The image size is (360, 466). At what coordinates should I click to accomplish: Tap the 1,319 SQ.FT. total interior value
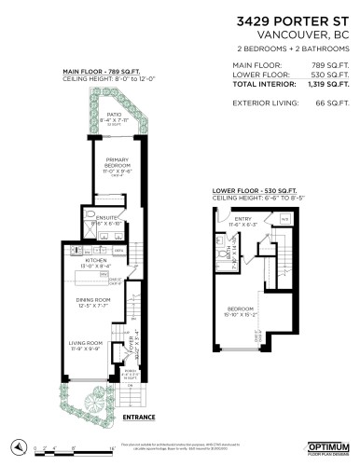tap(323, 84)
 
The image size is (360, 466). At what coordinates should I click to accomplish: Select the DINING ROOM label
tap(93, 299)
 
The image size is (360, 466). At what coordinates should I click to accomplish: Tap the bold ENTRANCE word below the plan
tap(139, 417)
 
